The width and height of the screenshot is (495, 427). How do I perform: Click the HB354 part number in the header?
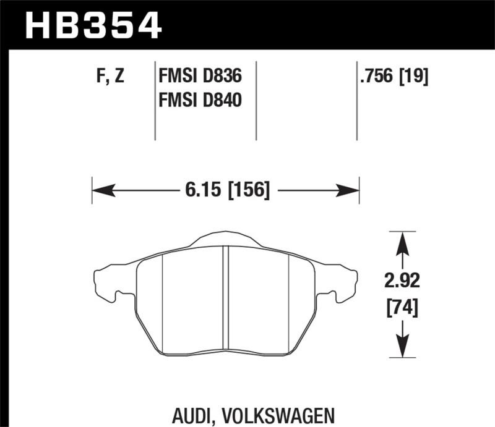93,26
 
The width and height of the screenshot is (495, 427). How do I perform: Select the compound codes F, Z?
111,77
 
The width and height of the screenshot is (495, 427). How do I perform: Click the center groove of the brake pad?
226,297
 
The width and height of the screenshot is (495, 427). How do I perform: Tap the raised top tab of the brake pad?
225,240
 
